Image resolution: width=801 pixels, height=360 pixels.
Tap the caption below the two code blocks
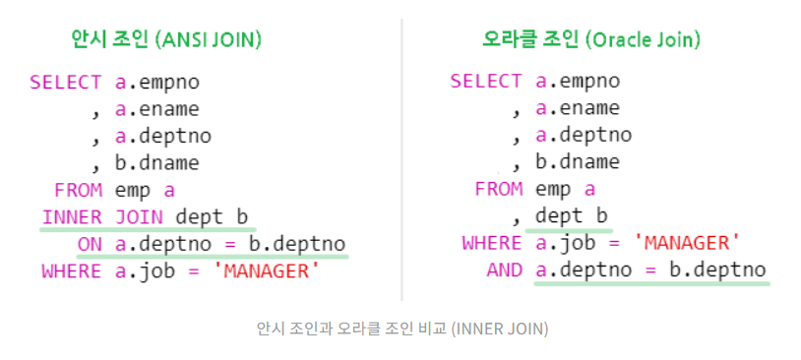(400, 328)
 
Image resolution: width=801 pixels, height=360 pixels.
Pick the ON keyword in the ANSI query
(90, 244)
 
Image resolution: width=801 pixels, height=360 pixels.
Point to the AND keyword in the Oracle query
(505, 270)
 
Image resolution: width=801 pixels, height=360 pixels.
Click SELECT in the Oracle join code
(486, 82)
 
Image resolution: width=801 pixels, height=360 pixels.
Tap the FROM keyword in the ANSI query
(78, 190)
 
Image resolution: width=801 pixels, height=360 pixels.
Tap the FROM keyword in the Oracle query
(498, 190)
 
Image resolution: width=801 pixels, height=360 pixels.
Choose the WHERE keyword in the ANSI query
(72, 270)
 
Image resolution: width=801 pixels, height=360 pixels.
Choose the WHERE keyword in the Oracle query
(492, 243)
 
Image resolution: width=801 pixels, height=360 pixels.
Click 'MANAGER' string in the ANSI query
(266, 270)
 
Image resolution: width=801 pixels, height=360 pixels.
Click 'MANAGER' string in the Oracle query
(686, 243)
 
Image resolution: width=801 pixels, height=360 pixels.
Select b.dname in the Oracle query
(578, 163)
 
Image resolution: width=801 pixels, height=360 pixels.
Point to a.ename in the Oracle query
(578, 109)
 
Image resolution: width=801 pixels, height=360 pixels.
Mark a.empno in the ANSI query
(156, 82)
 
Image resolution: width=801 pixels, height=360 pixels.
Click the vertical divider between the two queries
(401, 157)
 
